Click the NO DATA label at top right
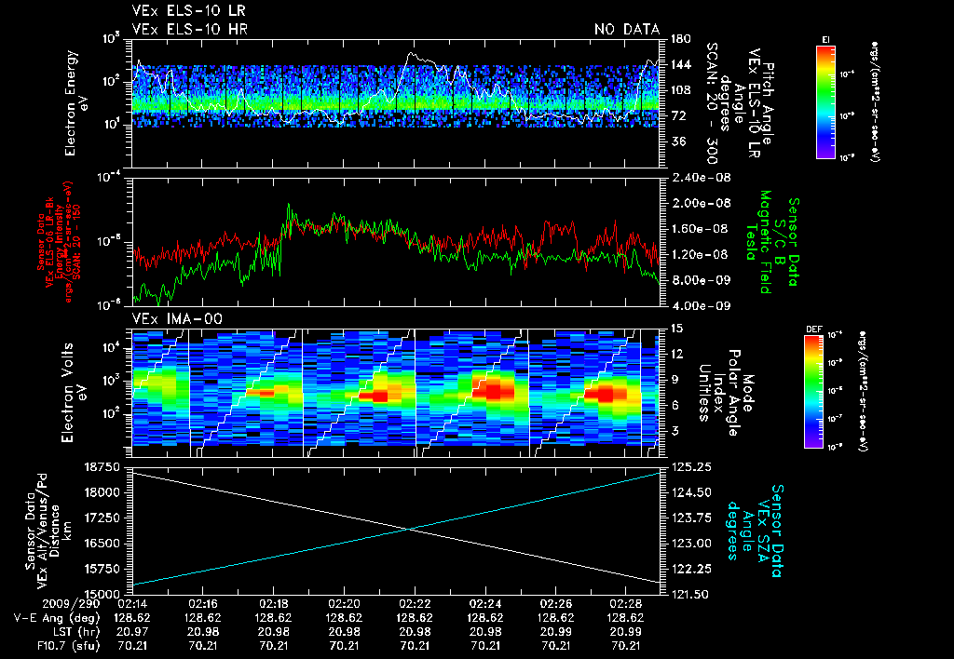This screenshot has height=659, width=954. (627, 30)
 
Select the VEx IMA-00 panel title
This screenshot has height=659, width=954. (171, 318)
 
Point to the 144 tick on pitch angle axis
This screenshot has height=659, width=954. (677, 64)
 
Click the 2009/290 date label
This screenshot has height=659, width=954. (38, 604)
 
